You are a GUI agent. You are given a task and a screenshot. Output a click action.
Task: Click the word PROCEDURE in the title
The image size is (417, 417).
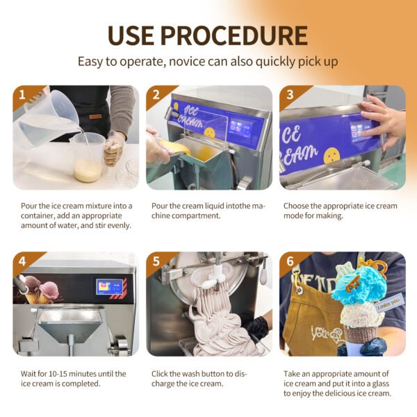point(234,35)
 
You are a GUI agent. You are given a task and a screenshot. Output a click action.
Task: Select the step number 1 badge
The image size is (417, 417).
point(22,95)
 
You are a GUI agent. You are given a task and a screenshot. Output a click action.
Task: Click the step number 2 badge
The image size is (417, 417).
point(156,95)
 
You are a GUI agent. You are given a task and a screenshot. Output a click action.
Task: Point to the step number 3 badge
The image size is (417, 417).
point(290,95)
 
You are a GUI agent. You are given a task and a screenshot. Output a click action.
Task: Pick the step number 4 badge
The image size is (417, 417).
point(22,261)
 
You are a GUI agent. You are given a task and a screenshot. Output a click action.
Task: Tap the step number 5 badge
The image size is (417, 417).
point(156,261)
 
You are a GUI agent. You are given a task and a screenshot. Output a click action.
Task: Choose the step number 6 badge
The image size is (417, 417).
point(290,261)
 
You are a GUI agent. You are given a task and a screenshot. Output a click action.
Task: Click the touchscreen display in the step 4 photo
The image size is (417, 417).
point(110,286)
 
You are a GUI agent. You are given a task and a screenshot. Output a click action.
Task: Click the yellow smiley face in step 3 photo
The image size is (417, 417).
point(332,155)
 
